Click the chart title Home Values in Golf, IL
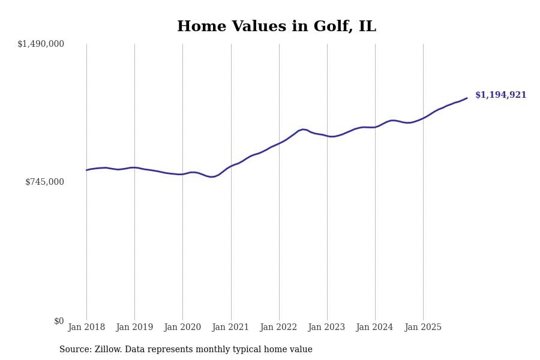coord(276,27)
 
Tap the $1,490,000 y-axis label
coord(41,44)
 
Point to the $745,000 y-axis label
coord(44,182)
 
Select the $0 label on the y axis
coord(59,321)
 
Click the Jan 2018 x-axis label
coord(86,328)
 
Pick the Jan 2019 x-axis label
coord(134,328)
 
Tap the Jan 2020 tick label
coord(182,328)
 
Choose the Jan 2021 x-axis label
coord(230,328)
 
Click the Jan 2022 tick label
coord(278,328)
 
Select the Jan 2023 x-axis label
coord(326,328)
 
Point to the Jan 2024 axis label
coord(374,328)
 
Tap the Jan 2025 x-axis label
coord(423,328)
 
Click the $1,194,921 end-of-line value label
coord(500,95)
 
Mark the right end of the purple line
coord(467,98)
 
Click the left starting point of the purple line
coord(86,170)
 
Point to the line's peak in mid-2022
coord(303,129)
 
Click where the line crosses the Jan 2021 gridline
coord(231,166)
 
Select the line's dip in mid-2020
coord(211,177)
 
